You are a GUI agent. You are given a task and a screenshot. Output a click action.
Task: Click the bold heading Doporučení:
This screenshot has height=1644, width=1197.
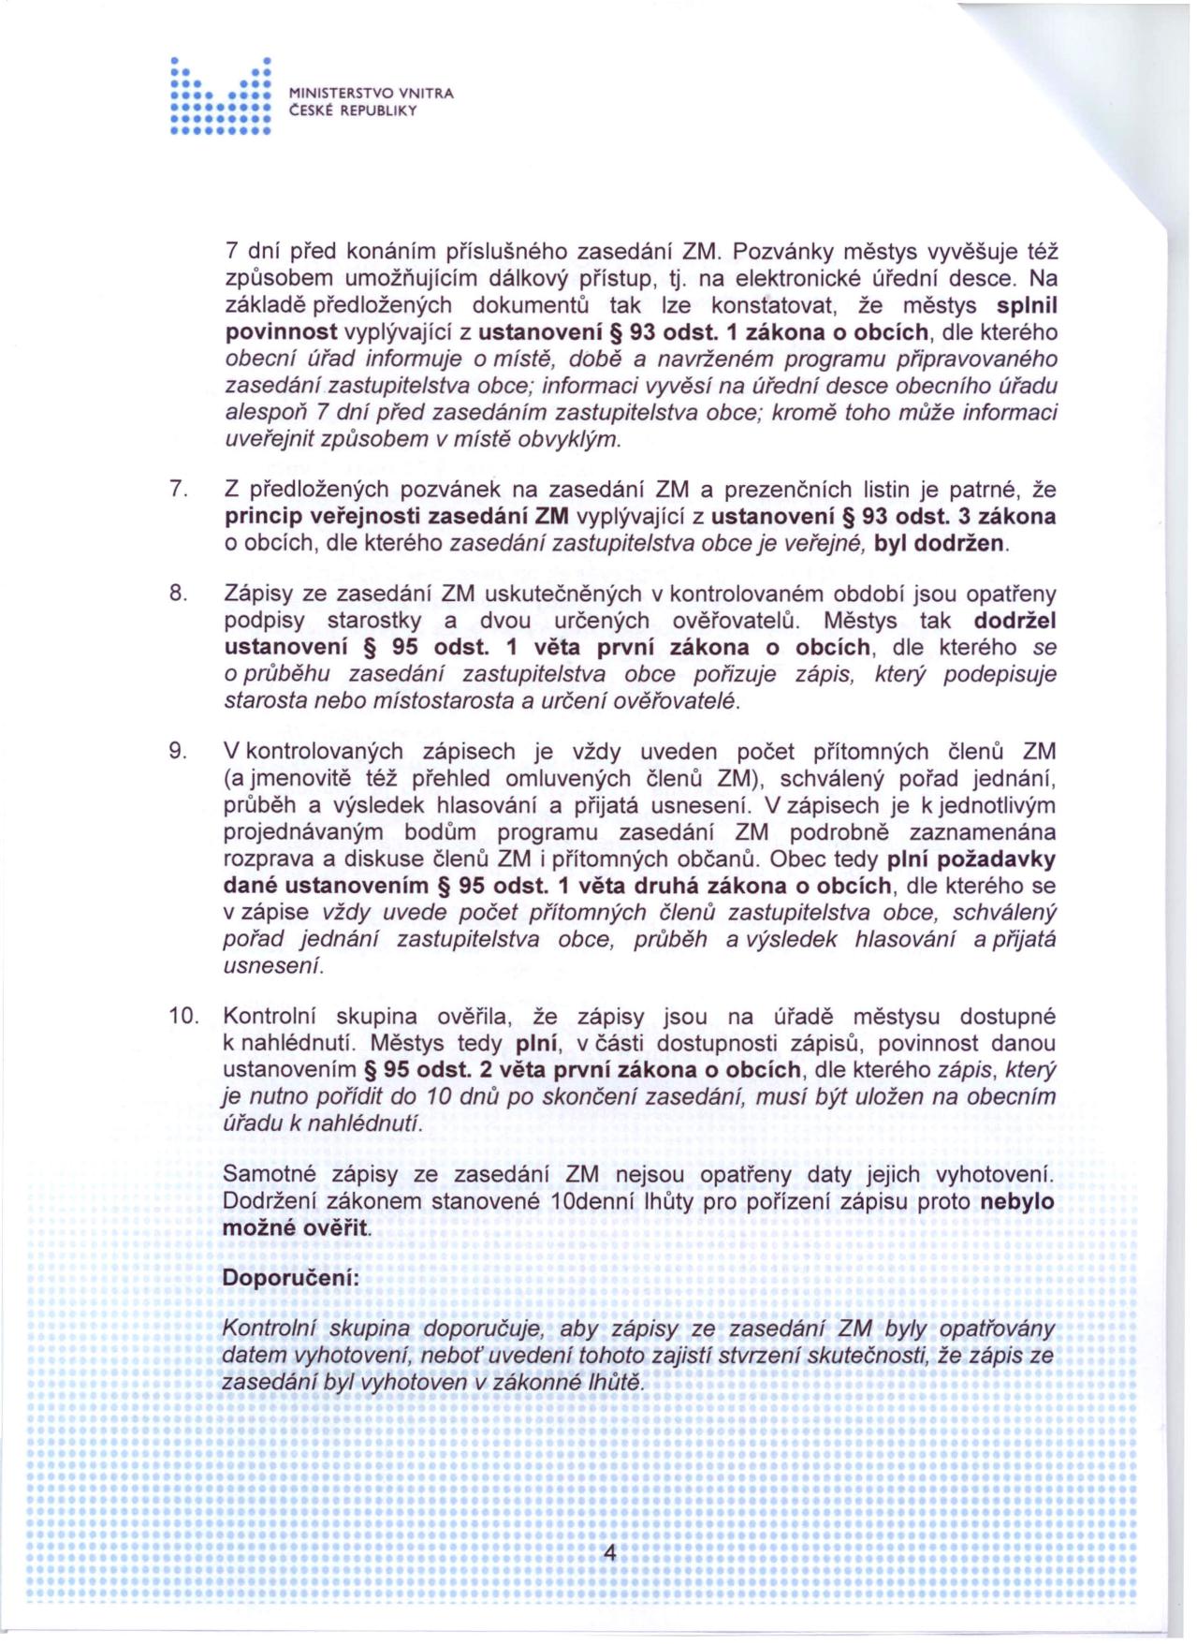290,1278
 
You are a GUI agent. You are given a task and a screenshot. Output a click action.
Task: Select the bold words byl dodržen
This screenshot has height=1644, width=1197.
941,543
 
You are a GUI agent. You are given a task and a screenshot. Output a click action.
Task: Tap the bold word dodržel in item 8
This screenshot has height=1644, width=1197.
1015,621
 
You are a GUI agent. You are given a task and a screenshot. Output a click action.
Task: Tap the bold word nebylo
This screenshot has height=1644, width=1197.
1016,1202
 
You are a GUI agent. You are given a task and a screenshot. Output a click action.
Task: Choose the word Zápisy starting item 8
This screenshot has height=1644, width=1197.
259,593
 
